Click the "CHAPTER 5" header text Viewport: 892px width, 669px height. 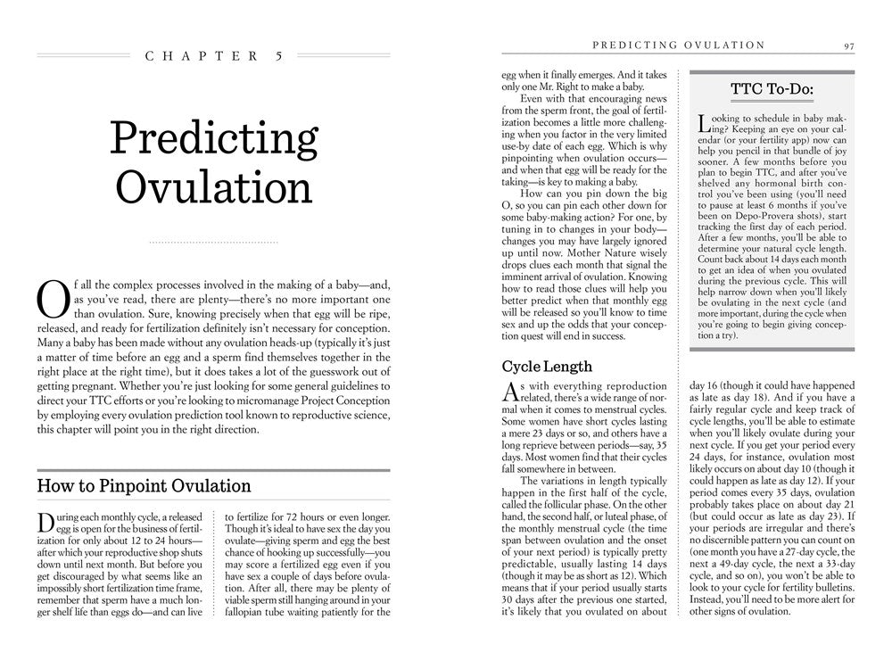click(x=214, y=55)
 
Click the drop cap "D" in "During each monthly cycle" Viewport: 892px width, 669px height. click(x=47, y=524)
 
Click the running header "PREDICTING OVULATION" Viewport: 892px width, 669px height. click(x=679, y=45)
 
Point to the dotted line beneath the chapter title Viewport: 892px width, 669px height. click(x=214, y=241)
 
